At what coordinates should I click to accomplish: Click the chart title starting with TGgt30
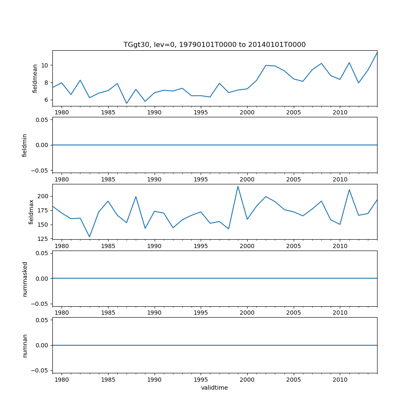(215, 44)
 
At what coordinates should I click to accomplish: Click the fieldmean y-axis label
(35, 78)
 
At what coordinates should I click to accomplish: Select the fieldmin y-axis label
(25, 145)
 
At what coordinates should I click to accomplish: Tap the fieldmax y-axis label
(31, 212)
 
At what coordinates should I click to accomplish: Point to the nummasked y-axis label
(25, 279)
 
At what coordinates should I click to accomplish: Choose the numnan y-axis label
(25, 345)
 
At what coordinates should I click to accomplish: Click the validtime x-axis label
(215, 388)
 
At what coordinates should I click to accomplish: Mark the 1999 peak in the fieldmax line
(238, 186)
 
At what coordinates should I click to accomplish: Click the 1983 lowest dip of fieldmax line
(89, 237)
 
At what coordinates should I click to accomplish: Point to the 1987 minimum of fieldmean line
(127, 103)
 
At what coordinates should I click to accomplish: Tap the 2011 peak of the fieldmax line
(349, 190)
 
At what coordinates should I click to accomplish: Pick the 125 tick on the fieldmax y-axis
(43, 239)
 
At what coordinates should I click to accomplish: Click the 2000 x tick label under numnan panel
(247, 379)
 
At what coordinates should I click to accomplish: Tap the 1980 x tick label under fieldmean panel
(62, 112)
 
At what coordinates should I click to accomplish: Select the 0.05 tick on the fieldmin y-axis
(43, 120)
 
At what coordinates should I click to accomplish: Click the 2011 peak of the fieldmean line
(349, 63)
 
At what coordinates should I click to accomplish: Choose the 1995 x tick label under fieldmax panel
(201, 246)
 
